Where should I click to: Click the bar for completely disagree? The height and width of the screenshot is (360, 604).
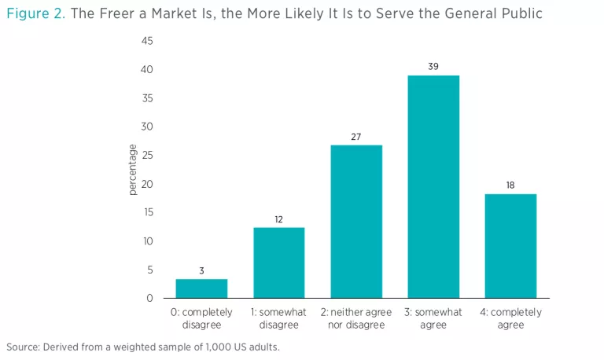(201, 288)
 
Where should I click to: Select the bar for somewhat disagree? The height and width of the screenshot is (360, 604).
(279, 263)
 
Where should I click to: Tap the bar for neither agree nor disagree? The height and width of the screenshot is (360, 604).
(356, 222)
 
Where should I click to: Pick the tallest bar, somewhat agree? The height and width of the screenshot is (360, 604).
(433, 187)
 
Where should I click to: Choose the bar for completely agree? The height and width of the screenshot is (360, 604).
(510, 246)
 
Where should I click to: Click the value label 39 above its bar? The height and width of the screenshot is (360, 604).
(433, 67)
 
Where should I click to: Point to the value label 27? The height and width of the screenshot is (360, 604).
(356, 137)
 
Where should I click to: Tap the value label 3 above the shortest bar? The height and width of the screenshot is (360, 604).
(201, 270)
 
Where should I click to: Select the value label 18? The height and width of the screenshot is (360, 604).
(510, 186)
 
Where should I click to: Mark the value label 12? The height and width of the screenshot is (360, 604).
(279, 219)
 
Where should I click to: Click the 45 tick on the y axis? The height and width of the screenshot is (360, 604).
(147, 41)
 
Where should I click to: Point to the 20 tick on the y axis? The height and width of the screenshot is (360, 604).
(147, 184)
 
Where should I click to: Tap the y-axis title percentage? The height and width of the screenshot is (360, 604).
(132, 170)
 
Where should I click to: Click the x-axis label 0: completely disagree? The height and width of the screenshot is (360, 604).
(201, 318)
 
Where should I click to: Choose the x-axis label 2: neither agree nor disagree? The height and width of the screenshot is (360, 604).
(356, 318)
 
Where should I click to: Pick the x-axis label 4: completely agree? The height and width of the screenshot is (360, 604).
(510, 318)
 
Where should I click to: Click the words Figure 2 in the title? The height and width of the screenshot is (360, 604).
(35, 14)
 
